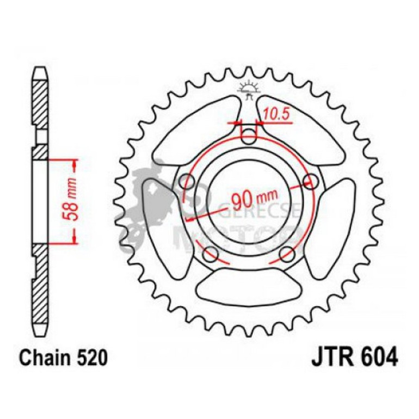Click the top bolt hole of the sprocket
[249, 136]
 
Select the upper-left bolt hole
[188, 181]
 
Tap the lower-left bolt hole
[211, 253]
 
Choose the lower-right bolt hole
[287, 253]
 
